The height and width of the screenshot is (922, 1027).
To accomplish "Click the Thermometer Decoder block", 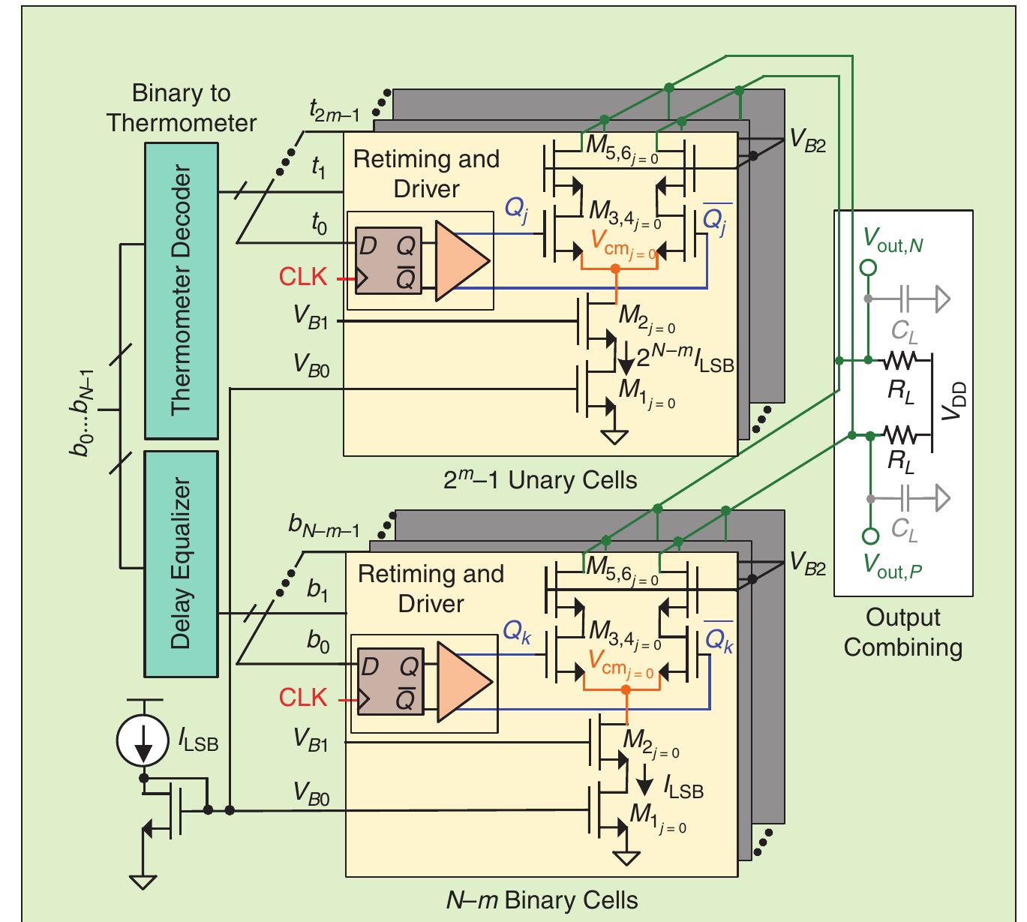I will (x=181, y=290).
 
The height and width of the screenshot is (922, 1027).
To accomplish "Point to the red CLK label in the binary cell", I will (x=303, y=698).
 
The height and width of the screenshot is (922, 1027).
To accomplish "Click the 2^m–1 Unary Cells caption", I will (x=539, y=480).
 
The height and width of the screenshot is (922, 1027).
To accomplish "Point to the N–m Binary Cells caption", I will (x=542, y=899).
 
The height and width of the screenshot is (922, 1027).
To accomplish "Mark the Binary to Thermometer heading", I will (x=181, y=108).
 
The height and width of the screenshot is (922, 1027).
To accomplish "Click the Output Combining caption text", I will (x=902, y=632).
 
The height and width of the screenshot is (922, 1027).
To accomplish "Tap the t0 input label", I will (x=320, y=224).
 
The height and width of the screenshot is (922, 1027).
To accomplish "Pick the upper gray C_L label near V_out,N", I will (x=904, y=330).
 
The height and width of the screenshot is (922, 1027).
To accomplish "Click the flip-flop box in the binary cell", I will (x=389, y=683).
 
